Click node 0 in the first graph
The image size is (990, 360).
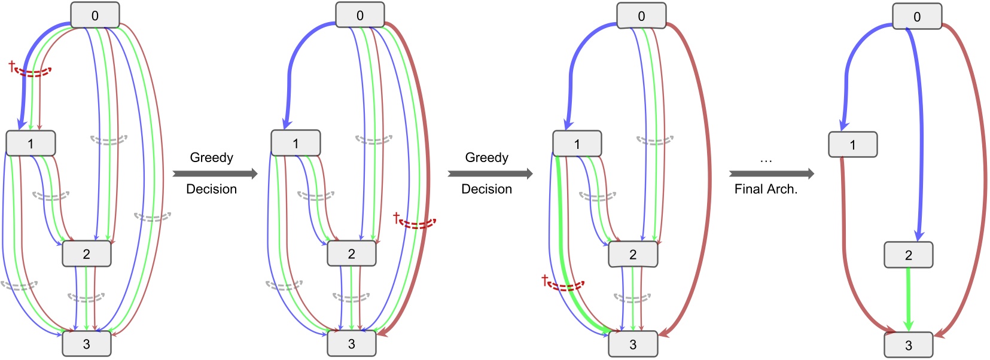click(x=95, y=15)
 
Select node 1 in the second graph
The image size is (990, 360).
click(x=296, y=144)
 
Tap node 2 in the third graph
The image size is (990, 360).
click(x=633, y=255)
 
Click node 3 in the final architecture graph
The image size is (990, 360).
click(x=908, y=345)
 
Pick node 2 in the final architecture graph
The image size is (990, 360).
click(x=908, y=255)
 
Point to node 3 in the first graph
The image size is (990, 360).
click(x=87, y=344)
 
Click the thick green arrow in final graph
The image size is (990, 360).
click(x=908, y=299)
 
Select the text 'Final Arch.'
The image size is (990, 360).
click(x=766, y=189)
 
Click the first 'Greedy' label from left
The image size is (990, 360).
click(x=211, y=157)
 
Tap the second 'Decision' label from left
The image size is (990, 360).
click(x=486, y=189)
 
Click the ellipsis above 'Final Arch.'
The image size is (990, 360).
click(x=766, y=160)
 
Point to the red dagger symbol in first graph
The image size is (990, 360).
click(x=11, y=65)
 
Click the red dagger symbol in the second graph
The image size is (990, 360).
click(x=396, y=216)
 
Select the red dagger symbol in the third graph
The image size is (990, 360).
click(x=544, y=279)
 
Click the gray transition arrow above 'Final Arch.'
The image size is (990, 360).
click(x=771, y=174)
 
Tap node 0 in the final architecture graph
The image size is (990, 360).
click(x=917, y=16)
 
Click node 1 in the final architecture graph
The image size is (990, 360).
click(x=852, y=145)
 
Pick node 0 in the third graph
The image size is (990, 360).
click(x=641, y=16)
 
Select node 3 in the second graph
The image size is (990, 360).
click(x=352, y=344)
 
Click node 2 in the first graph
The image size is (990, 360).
click(x=87, y=254)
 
